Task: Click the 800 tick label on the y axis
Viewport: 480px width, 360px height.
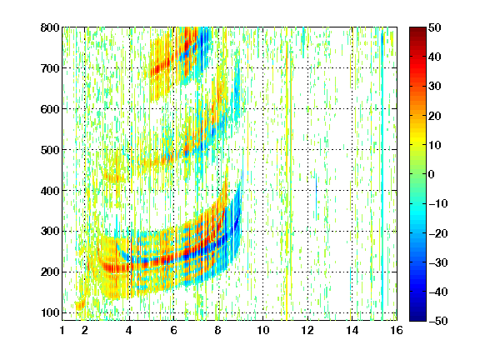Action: (x=50, y=27)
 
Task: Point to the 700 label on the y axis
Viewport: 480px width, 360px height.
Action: (x=50, y=68)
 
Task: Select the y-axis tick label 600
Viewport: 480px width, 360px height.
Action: (x=50, y=109)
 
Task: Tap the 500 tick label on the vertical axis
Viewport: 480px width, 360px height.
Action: (x=50, y=150)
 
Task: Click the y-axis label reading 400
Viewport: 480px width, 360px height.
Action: (x=50, y=191)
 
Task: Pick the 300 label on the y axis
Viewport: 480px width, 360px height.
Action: (x=50, y=231)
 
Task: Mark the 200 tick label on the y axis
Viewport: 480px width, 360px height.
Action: (x=50, y=272)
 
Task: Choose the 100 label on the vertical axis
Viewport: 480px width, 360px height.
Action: (x=50, y=312)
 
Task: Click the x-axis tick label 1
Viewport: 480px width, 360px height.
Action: (x=62, y=330)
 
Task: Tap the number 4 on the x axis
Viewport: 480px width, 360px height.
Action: (x=129, y=330)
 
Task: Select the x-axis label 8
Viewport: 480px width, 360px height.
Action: (x=217, y=330)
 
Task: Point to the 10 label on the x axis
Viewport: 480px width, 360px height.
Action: (x=262, y=330)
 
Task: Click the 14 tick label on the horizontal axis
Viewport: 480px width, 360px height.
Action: (x=352, y=330)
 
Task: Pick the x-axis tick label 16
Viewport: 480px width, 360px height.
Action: (x=397, y=330)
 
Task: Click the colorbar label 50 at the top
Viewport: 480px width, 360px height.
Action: (x=434, y=27)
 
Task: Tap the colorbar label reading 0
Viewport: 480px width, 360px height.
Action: (x=432, y=174)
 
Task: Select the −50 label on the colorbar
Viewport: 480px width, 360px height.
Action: (x=438, y=321)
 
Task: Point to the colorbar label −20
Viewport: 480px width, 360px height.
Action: (x=438, y=233)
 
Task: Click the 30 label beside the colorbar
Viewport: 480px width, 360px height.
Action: (x=434, y=86)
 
